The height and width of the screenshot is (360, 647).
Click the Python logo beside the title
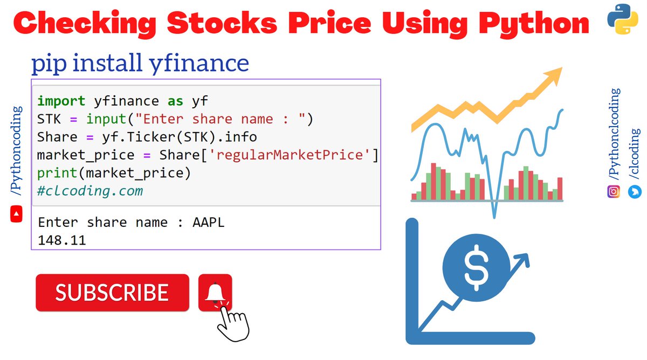pyautogui.click(x=620, y=20)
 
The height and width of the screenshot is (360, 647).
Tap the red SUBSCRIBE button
pyautogui.click(x=112, y=293)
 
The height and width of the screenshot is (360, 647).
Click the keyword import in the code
pyautogui.click(x=61, y=101)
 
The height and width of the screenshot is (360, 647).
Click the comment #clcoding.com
pyautogui.click(x=90, y=191)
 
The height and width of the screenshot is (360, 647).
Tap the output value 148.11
pyautogui.click(x=61, y=240)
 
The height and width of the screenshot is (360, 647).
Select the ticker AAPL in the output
pyautogui.click(x=208, y=222)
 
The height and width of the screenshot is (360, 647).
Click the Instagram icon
pyautogui.click(x=614, y=191)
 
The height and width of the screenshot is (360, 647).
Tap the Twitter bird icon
pyautogui.click(x=635, y=191)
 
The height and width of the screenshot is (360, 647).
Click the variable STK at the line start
pyautogui.click(x=49, y=119)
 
